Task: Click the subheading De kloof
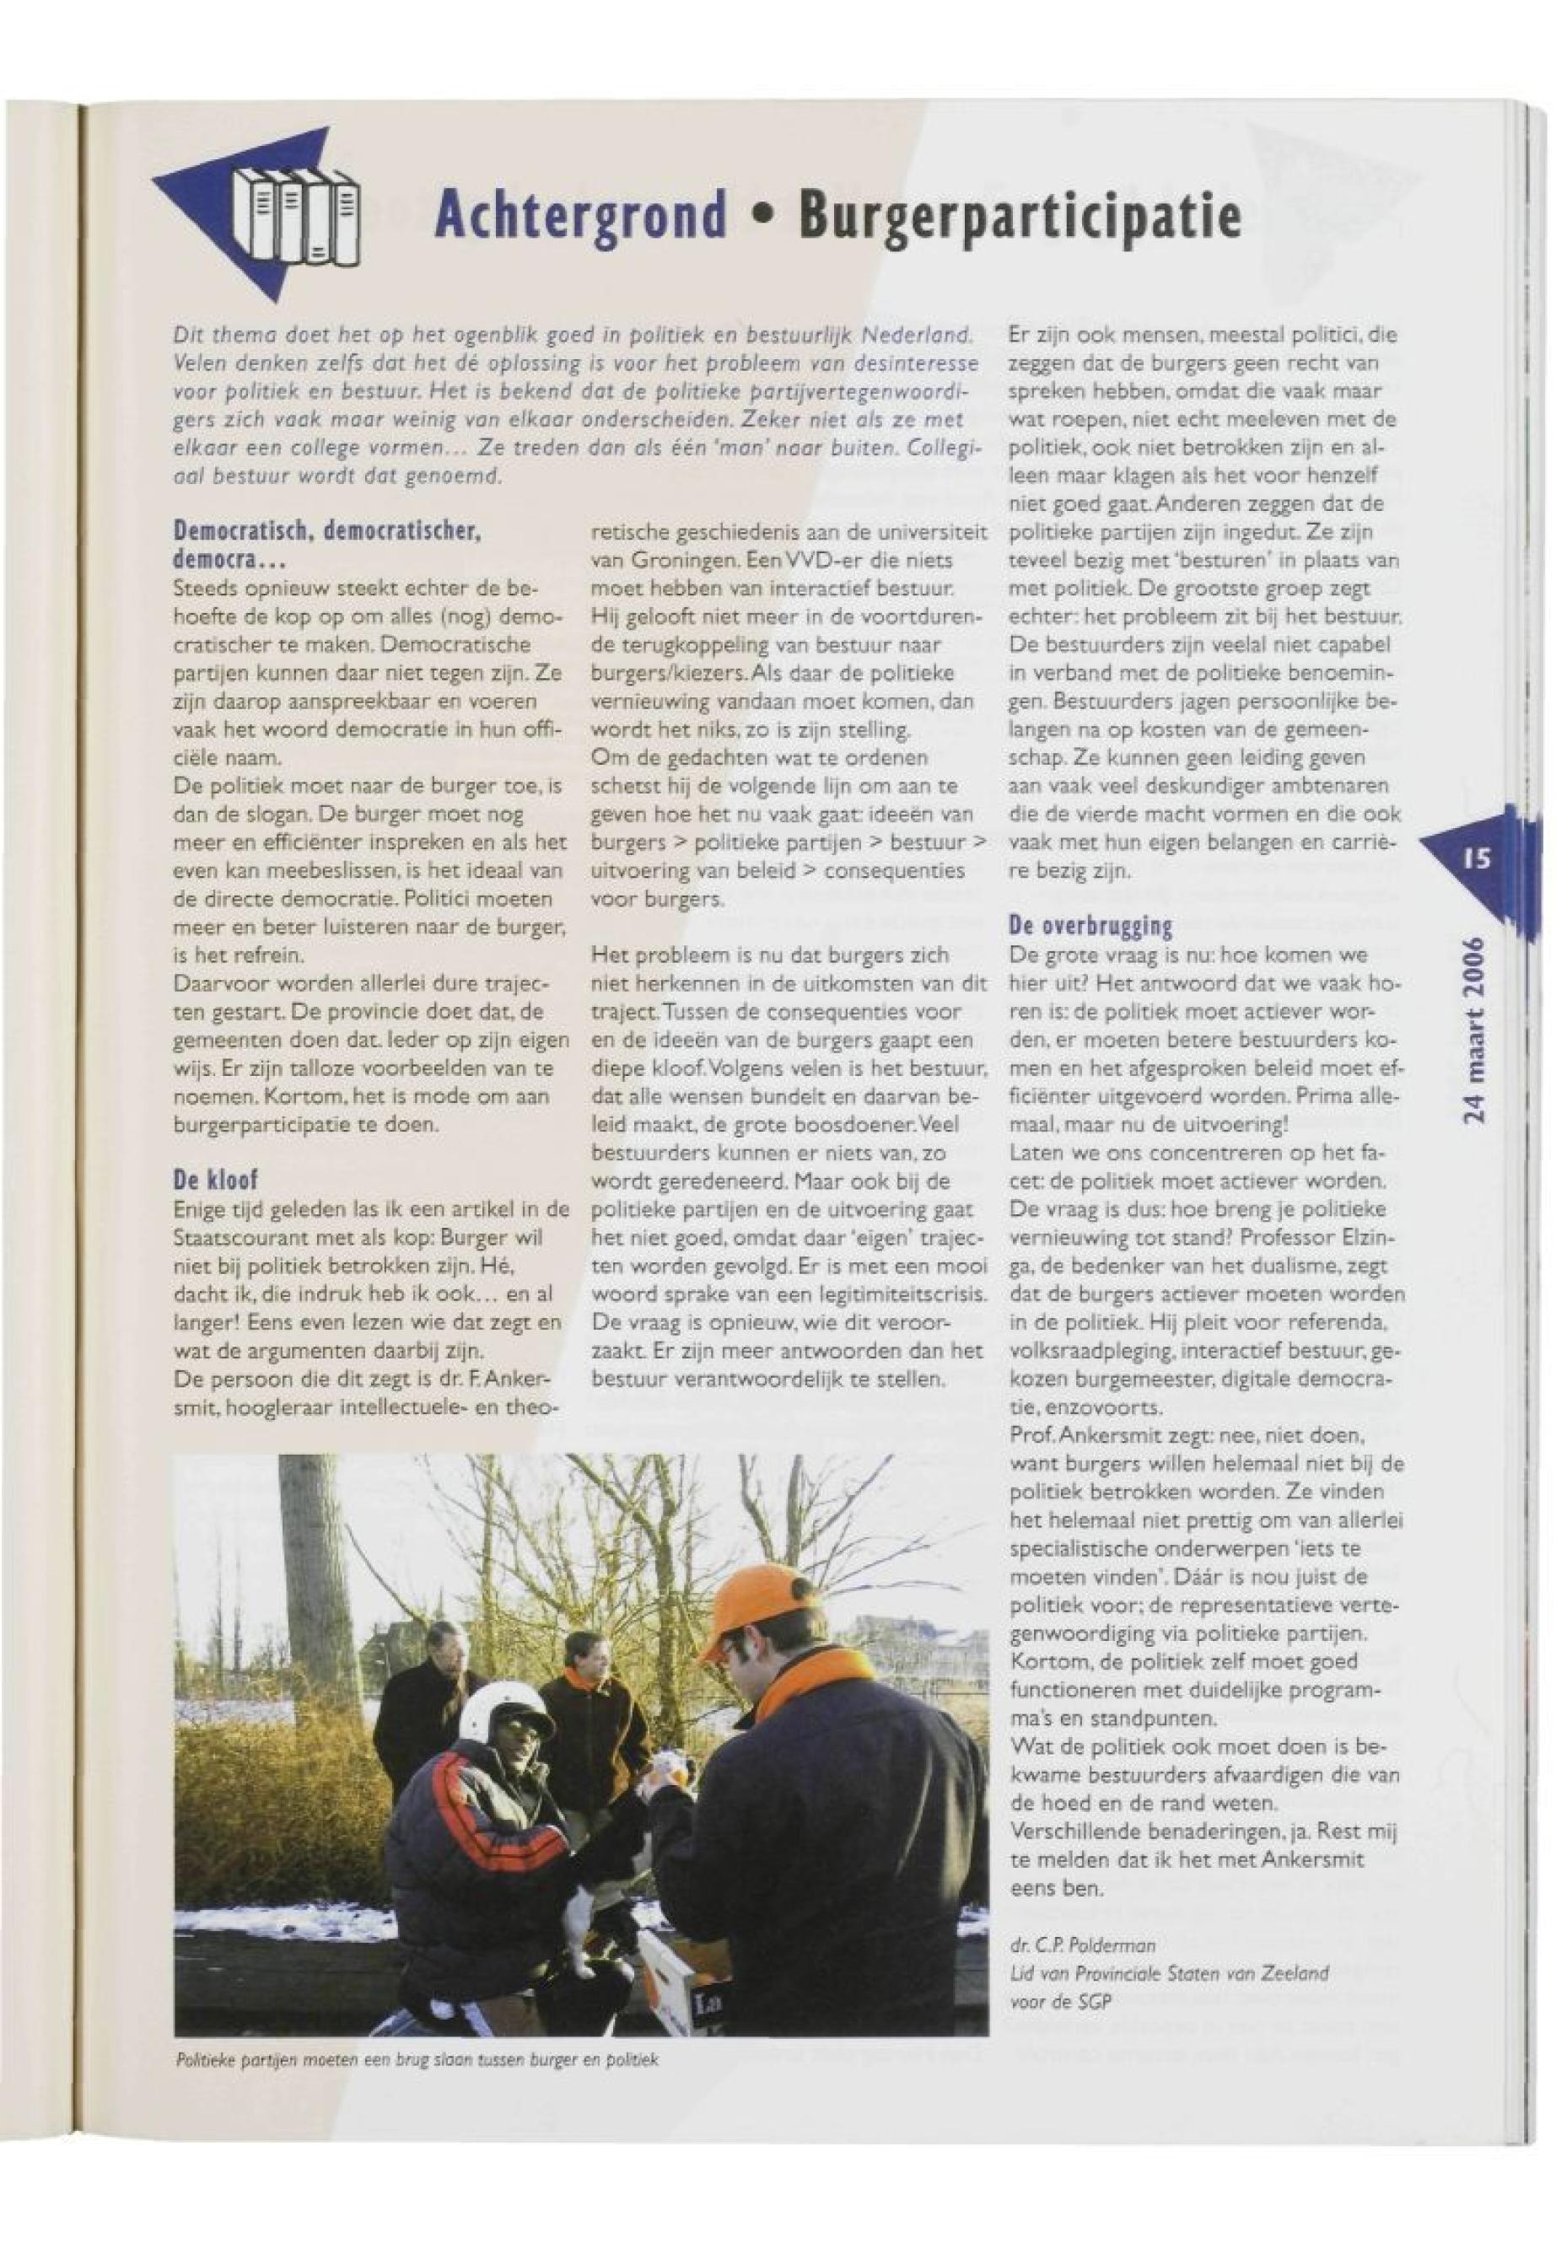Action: click(214, 1181)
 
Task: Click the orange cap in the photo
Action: click(752, 1606)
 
